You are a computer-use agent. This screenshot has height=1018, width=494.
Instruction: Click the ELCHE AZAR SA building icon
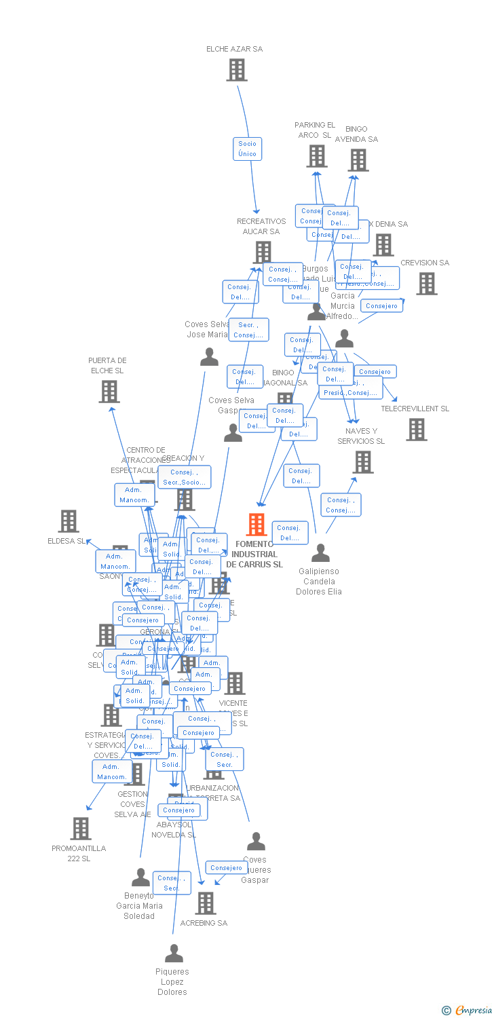[x=236, y=70]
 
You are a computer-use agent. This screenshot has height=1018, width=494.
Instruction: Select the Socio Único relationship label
[x=247, y=149]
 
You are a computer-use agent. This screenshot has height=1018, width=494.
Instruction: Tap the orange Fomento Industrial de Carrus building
[x=256, y=525]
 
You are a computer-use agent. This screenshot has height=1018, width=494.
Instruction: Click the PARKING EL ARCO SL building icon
[x=316, y=156]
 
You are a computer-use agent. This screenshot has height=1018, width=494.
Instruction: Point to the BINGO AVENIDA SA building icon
[x=358, y=160]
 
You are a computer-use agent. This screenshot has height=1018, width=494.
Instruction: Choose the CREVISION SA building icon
[x=426, y=284]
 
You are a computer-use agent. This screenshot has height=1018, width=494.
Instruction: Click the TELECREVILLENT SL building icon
[x=417, y=429]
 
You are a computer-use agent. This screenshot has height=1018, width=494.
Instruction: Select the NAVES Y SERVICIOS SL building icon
[x=363, y=462]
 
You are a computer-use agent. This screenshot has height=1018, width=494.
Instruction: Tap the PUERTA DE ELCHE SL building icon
[x=109, y=392]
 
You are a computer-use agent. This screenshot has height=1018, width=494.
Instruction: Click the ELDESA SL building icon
[x=69, y=521]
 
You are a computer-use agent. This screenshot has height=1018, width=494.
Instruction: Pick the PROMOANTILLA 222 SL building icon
[x=80, y=829]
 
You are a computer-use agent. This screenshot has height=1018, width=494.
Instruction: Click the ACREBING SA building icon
[x=205, y=903]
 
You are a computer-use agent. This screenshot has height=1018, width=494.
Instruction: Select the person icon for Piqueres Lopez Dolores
[x=174, y=954]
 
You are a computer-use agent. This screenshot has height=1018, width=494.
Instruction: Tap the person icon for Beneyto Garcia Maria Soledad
[x=140, y=878]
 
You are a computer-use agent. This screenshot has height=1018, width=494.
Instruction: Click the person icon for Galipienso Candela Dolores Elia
[x=320, y=553]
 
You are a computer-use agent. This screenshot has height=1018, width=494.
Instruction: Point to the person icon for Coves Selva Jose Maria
[x=210, y=357]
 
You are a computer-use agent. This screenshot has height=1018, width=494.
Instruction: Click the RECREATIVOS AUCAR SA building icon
[x=262, y=252]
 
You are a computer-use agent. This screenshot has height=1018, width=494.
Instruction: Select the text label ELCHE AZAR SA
[x=235, y=49]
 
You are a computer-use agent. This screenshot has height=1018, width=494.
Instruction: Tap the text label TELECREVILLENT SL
[x=415, y=409]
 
